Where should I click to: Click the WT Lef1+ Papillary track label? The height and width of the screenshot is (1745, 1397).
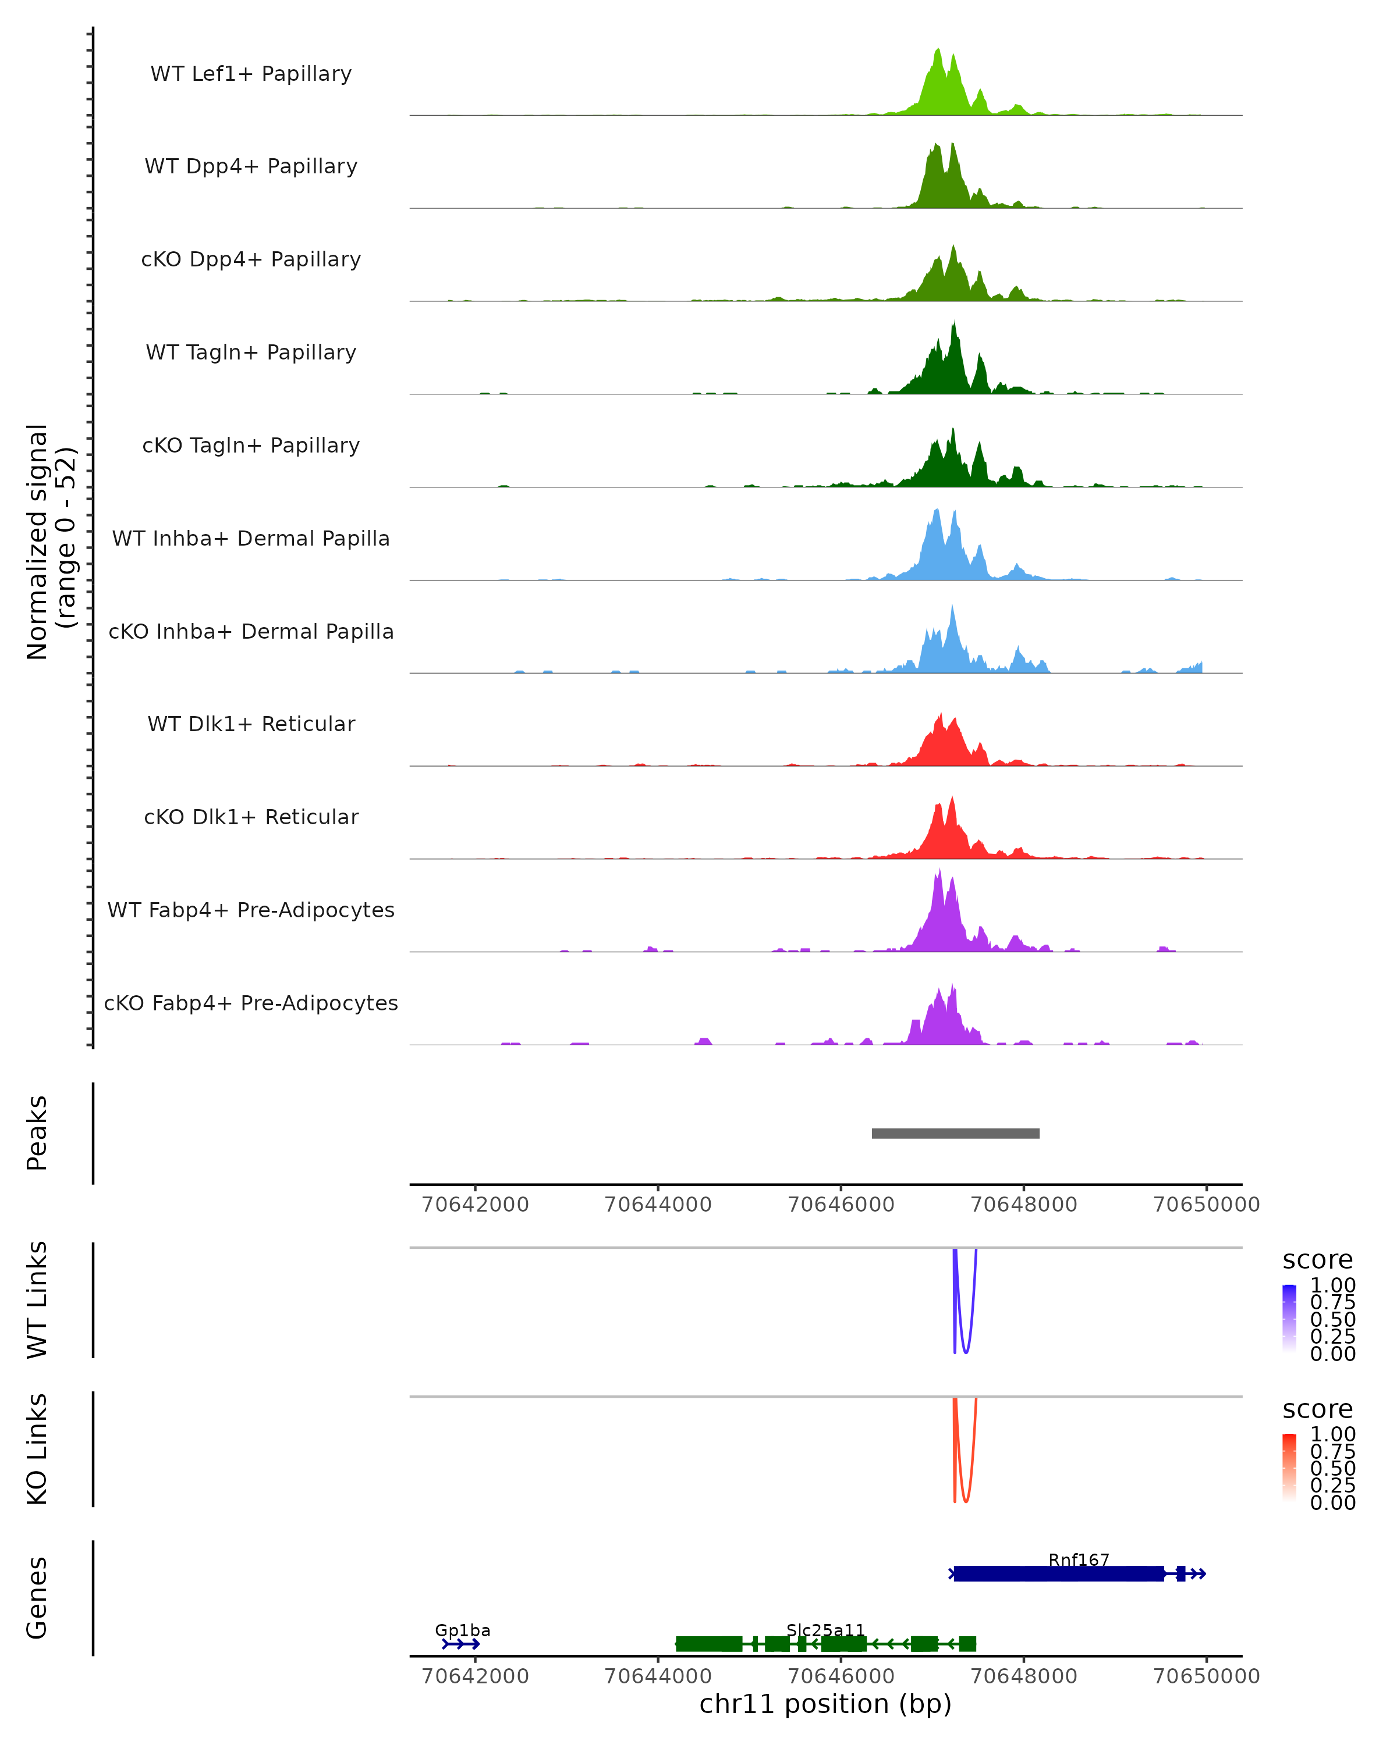(251, 74)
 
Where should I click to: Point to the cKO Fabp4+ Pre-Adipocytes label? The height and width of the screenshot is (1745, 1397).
(251, 1003)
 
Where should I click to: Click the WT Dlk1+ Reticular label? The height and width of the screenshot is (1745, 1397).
(251, 724)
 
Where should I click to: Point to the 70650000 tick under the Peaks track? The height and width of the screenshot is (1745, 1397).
(1206, 1205)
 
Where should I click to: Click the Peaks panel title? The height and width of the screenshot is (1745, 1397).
(37, 1133)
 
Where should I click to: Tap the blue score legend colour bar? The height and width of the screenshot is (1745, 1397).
(1289, 1319)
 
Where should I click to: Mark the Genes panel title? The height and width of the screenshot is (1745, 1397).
(37, 1598)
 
